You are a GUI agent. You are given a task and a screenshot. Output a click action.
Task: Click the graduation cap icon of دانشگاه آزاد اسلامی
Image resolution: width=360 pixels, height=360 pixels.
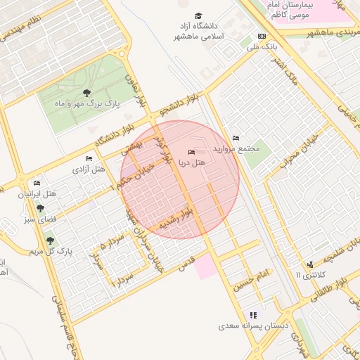pos(198,15)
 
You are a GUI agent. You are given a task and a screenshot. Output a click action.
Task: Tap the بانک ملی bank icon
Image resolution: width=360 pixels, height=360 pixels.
pos(262,36)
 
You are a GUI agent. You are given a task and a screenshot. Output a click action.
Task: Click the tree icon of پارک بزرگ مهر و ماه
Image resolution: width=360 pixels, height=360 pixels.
pos(86,92)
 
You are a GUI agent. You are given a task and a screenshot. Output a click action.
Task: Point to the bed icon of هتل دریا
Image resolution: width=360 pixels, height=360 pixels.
pos(191,153)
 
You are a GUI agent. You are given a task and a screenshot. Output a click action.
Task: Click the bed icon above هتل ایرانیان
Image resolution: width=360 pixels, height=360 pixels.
pos(37,184)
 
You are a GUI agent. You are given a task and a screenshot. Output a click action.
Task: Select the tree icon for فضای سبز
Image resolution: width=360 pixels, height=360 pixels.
pos(41,209)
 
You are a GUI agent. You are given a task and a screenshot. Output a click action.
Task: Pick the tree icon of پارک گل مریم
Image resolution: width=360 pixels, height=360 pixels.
pos(50,240)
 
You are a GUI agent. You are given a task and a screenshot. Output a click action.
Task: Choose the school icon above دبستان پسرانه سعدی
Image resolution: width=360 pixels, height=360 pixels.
pos(253,315)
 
